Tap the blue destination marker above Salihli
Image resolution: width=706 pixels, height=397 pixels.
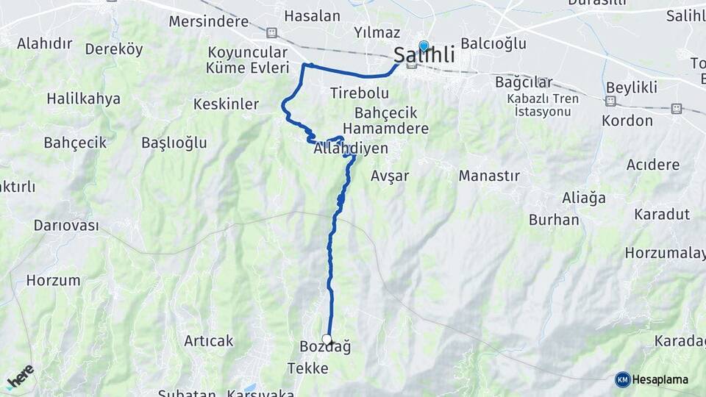coord(423,46)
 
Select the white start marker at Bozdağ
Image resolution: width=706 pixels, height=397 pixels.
coord(327,339)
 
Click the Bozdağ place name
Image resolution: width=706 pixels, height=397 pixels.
coord(326,347)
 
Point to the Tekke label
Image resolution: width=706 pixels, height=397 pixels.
coord(307,368)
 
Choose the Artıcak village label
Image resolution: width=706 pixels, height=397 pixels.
coord(208,340)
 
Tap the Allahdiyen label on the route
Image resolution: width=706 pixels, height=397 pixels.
coord(351,149)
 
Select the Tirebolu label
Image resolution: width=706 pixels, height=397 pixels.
coord(359,93)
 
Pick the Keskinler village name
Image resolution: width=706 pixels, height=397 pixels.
coord(226,104)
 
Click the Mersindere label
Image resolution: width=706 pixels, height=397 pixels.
coord(209,21)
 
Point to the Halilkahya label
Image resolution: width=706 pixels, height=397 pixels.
coord(83,99)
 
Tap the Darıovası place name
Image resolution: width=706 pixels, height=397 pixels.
coord(66,226)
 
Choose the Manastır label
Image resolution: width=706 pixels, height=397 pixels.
coord(489,176)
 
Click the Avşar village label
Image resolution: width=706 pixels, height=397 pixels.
coord(390,176)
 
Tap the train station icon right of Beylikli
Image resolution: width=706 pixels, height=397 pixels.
coord(676,108)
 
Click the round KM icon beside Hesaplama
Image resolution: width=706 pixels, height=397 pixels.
coord(622,379)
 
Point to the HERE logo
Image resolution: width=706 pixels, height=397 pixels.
coord(20,376)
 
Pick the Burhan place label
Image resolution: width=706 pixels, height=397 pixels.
coord(554,220)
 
